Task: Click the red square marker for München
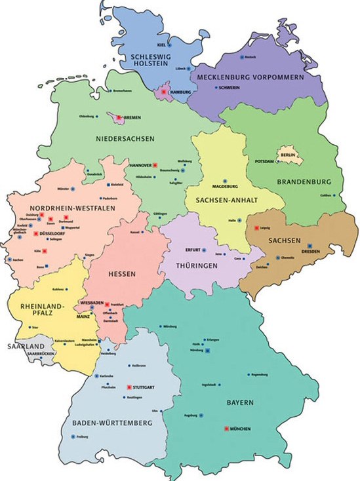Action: tap(227, 429)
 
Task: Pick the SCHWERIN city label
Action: tap(229, 87)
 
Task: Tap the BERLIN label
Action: tap(288, 154)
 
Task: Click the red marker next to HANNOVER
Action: tap(155, 165)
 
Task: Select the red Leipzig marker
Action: tap(256, 227)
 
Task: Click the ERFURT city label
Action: tap(193, 250)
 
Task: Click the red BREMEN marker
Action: tap(118, 118)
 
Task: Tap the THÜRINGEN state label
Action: tap(197, 267)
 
